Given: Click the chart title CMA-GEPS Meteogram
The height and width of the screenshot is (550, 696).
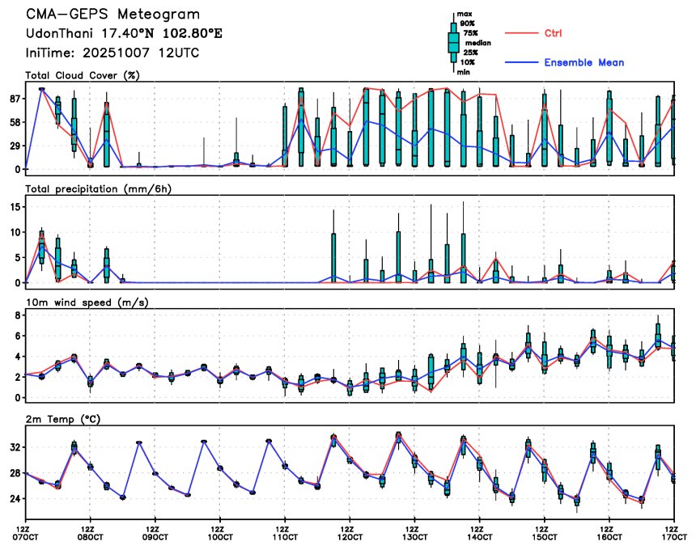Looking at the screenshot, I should coord(113,15).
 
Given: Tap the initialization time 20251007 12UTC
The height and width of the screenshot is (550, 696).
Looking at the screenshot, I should coord(142,53).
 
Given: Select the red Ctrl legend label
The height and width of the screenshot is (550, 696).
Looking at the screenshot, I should coord(554,33).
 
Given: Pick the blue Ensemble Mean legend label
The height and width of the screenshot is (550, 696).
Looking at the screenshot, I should coord(584,62).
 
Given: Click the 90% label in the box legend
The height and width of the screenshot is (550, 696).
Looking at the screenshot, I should coord(468,23).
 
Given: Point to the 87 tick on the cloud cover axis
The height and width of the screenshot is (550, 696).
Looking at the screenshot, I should coord(15,99).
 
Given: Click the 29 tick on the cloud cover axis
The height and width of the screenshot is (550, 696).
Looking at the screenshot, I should coord(15,146).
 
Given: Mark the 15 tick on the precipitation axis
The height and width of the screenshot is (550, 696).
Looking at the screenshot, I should coord(15,207).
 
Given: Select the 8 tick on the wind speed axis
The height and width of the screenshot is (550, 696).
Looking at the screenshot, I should coord(17,315).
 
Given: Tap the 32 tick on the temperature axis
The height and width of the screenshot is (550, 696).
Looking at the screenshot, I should coord(15,447).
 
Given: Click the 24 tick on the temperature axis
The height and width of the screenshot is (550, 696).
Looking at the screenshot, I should coord(15,499).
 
